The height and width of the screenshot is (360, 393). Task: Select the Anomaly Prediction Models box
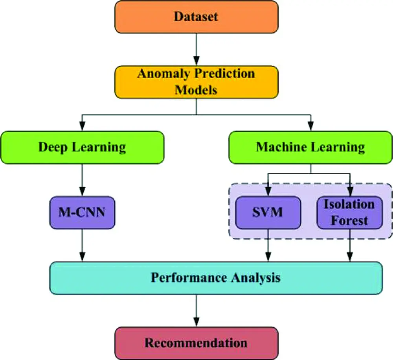tap(196, 82)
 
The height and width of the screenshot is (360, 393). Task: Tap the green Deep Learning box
tap(82, 147)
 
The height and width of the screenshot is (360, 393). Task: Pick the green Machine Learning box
tap(310, 147)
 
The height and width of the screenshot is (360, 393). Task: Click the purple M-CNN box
tap(82, 213)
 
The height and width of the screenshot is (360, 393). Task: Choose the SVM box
tap(268, 213)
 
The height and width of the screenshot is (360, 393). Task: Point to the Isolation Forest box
tap(349, 213)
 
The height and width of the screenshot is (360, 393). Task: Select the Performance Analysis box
tap(216, 277)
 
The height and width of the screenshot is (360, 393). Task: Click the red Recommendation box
tap(196, 342)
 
